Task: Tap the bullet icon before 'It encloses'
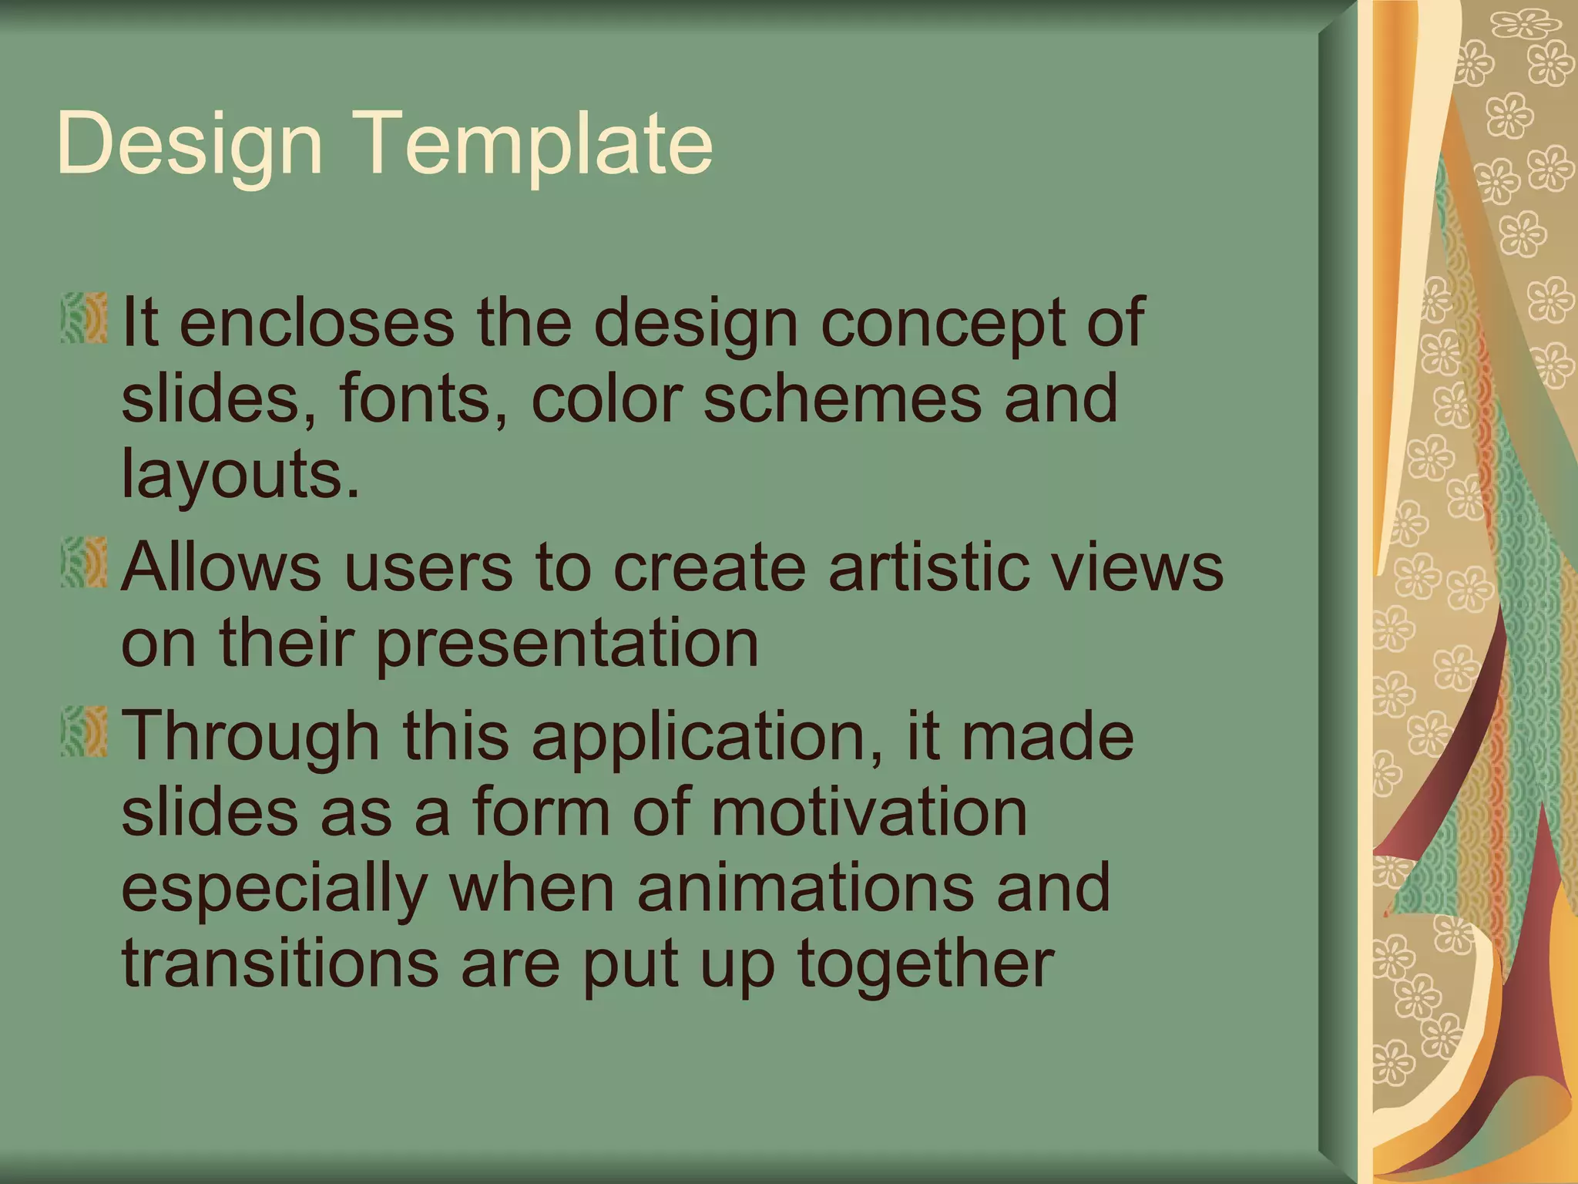coord(84,318)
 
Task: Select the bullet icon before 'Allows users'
coord(84,563)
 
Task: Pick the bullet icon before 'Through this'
coord(84,731)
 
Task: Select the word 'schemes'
coord(843,398)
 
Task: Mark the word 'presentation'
coord(566,644)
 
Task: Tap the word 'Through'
coord(250,736)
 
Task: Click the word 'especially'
coord(274,889)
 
